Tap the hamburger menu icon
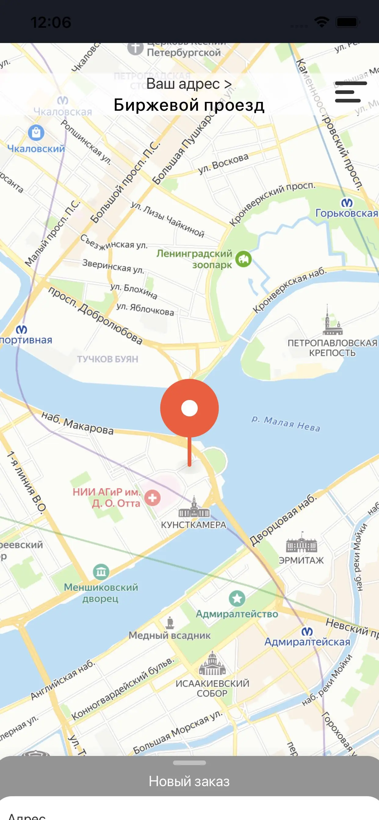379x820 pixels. tap(351, 92)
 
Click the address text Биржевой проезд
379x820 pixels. tap(189, 105)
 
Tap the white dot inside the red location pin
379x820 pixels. tap(189, 408)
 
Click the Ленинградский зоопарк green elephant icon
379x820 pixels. tap(244, 259)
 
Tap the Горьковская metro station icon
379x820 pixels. tap(347, 203)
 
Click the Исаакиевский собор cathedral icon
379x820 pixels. tap(212, 664)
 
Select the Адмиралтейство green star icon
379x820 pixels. tap(237, 599)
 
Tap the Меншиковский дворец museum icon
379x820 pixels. tap(101, 572)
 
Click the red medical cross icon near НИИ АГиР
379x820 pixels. tap(153, 498)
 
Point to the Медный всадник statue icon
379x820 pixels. tap(170, 622)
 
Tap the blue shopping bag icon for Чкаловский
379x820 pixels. tap(36, 132)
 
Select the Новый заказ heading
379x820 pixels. tap(189, 781)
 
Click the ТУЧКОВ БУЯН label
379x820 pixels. tap(108, 359)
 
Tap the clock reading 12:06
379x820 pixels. tap(51, 22)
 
